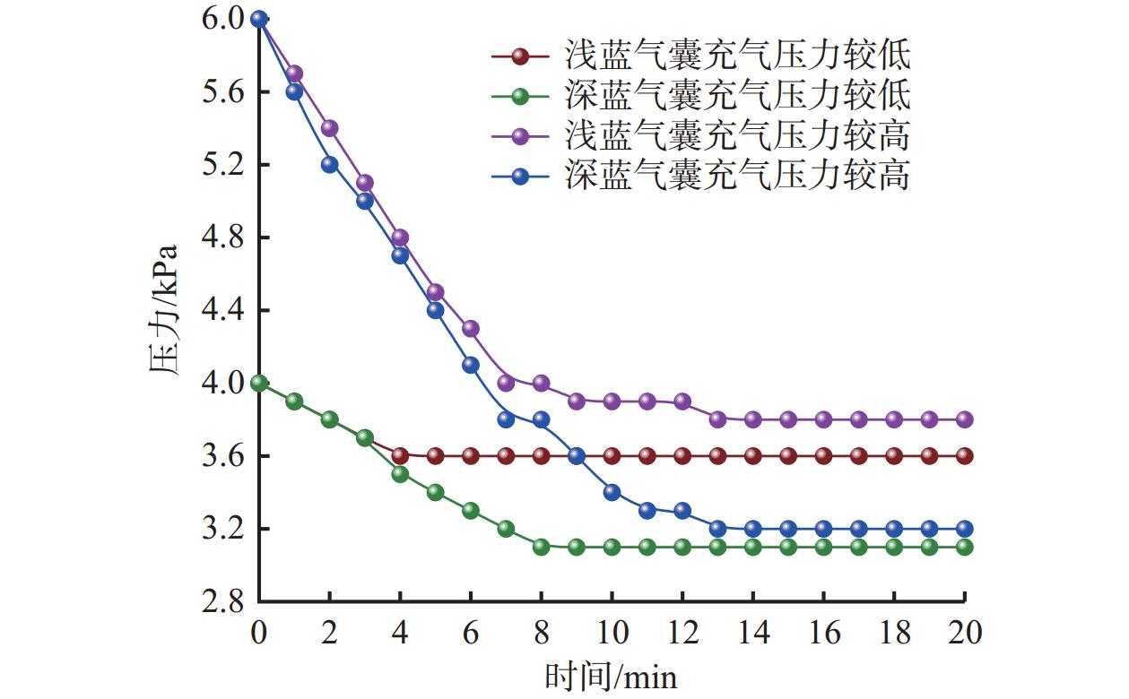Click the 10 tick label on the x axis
(x=612, y=634)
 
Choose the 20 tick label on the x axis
(x=964, y=634)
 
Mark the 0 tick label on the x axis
(x=259, y=634)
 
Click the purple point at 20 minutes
(x=964, y=419)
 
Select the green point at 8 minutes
(x=541, y=547)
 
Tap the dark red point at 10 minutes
(x=612, y=456)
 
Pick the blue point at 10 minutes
(x=612, y=492)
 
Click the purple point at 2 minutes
(x=329, y=128)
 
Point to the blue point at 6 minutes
(x=471, y=365)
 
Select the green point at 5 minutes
(x=435, y=492)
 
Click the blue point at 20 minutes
(x=964, y=529)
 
